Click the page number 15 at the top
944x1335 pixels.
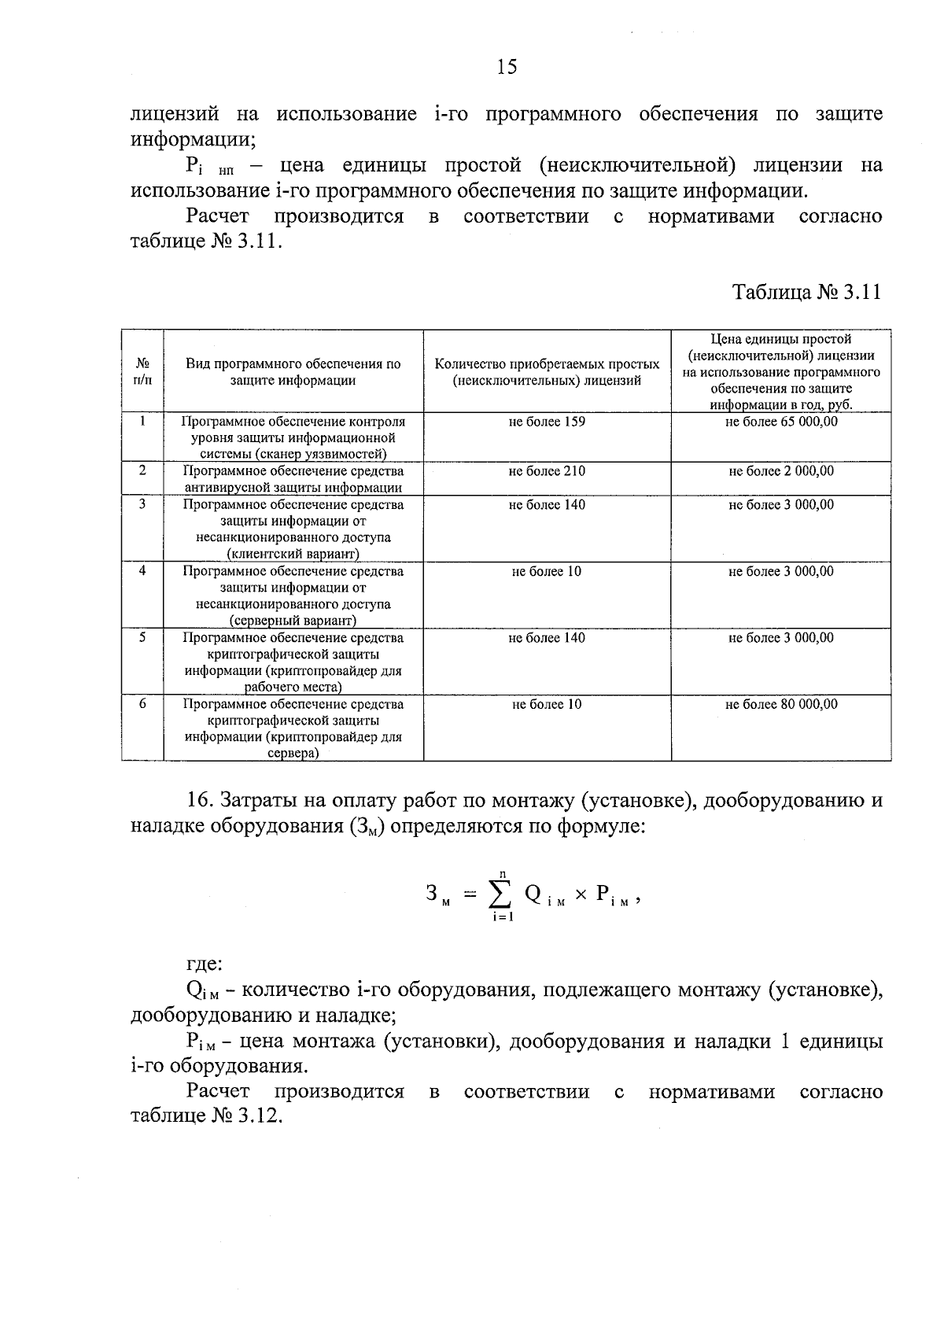pos(507,68)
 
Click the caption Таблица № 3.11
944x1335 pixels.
pos(806,293)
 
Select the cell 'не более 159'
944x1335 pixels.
pos(547,422)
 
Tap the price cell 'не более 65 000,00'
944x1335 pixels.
pos(781,422)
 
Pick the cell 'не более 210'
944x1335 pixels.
pos(547,471)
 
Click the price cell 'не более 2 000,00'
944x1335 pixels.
pos(781,471)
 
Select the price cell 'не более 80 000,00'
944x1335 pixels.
pos(781,704)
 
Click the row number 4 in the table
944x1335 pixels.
pos(142,571)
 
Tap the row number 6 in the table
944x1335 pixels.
pos(142,704)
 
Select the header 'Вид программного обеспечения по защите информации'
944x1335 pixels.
pos(293,372)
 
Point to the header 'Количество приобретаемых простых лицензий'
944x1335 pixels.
pos(547,372)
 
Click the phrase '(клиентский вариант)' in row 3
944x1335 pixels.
pos(293,554)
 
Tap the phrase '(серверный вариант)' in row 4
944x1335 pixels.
pos(293,621)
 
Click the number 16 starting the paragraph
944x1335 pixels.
pos(200,801)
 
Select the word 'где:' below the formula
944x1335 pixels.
pos(204,964)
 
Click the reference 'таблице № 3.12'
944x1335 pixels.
pos(205,1117)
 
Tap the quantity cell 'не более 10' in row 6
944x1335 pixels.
pos(547,704)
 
